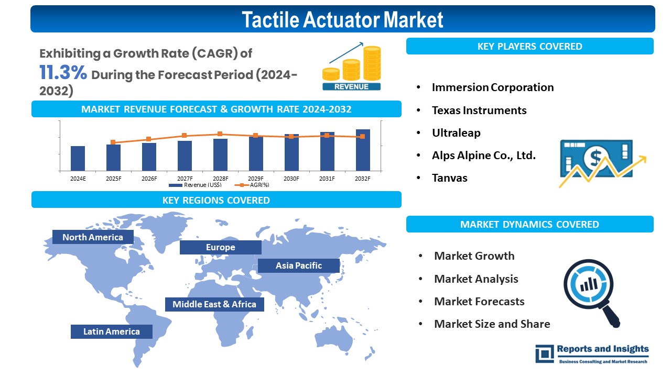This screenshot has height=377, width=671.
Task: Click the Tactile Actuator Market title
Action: click(x=342, y=19)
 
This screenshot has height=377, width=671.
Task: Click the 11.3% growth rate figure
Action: click(x=63, y=73)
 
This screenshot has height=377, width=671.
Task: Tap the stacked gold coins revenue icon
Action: click(x=352, y=68)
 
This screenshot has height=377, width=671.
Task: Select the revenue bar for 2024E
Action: click(x=78, y=158)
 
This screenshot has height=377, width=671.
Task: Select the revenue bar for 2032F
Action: click(x=363, y=150)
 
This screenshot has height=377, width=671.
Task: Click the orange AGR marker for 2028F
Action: click(x=220, y=134)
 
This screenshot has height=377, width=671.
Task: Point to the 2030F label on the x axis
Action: click(x=291, y=179)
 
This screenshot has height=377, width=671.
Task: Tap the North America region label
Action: click(x=93, y=237)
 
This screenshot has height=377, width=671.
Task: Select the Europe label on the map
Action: click(x=220, y=247)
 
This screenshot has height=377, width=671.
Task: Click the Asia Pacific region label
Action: click(x=299, y=265)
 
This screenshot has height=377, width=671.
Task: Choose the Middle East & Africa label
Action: click(x=214, y=304)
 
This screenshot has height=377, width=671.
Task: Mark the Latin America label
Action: click(x=112, y=331)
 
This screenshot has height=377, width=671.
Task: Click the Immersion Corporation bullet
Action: click(x=492, y=87)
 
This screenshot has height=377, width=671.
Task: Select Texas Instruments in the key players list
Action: click(x=479, y=110)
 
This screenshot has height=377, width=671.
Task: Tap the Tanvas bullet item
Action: click(x=449, y=178)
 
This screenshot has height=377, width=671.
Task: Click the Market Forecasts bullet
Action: click(x=479, y=302)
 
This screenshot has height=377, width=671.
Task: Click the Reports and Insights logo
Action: click(x=592, y=353)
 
